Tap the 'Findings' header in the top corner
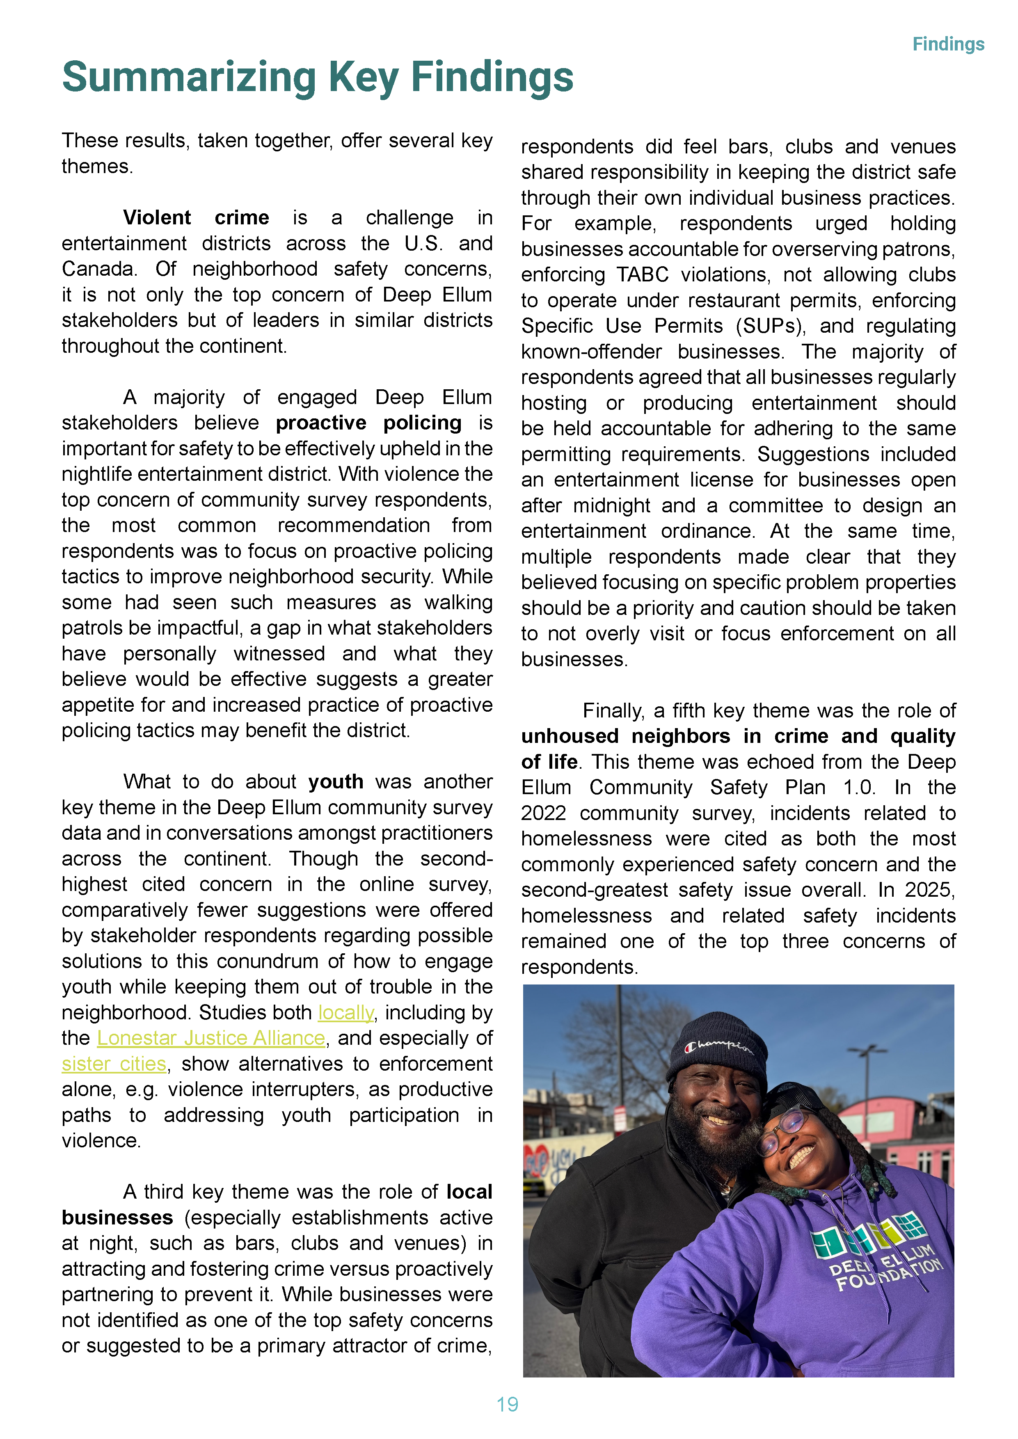tap(948, 44)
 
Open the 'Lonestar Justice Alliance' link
tap(210, 1039)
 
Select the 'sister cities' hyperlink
tap(114, 1064)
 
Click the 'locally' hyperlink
tap(345, 1013)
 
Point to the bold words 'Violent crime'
tap(196, 217)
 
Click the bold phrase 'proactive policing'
tap(368, 423)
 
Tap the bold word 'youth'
tap(335, 781)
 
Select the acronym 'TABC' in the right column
tap(643, 274)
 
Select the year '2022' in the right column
tap(543, 813)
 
